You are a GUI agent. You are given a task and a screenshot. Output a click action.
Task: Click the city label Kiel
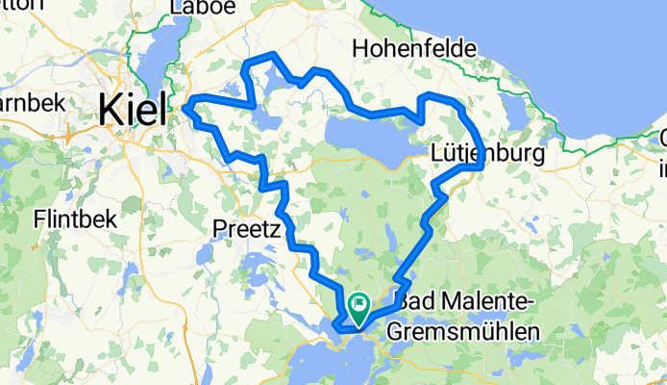tap(129, 111)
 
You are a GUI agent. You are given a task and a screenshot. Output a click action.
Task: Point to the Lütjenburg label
tap(488, 153)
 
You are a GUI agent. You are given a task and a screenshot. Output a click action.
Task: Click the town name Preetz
tap(245, 230)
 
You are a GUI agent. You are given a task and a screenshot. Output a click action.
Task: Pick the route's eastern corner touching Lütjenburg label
tap(479, 166)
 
